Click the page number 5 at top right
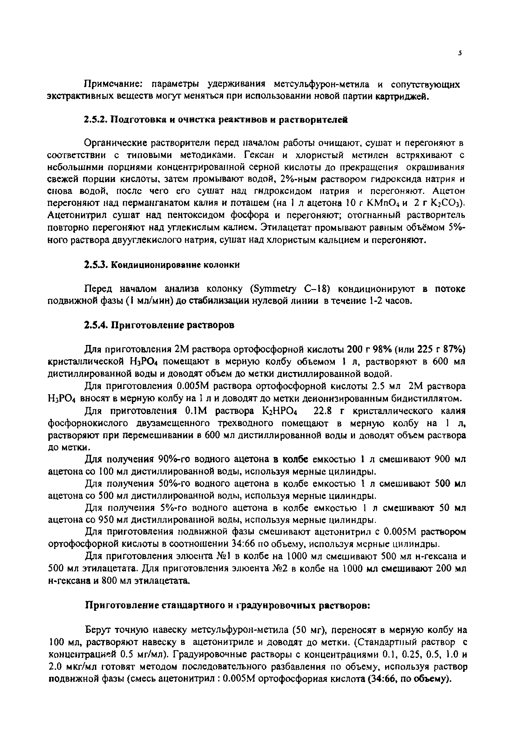pos(459,54)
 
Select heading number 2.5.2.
pos(95,120)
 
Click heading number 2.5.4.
pos(95,325)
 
